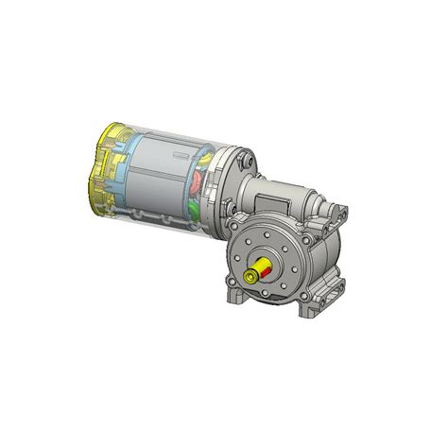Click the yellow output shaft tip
250,277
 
